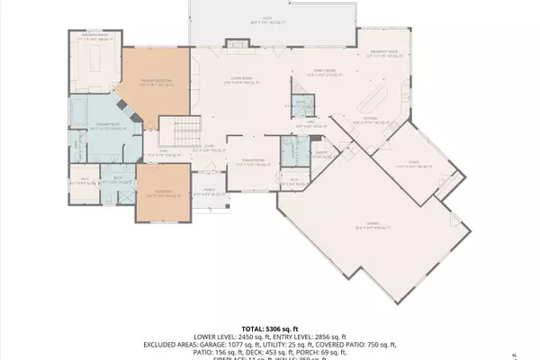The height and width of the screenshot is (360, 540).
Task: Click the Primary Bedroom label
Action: (156, 83)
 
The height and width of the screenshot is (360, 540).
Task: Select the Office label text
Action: (414, 164)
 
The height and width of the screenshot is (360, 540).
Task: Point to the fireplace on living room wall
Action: (236, 41)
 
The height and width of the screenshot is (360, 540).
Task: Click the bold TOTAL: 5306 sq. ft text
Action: (269, 329)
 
